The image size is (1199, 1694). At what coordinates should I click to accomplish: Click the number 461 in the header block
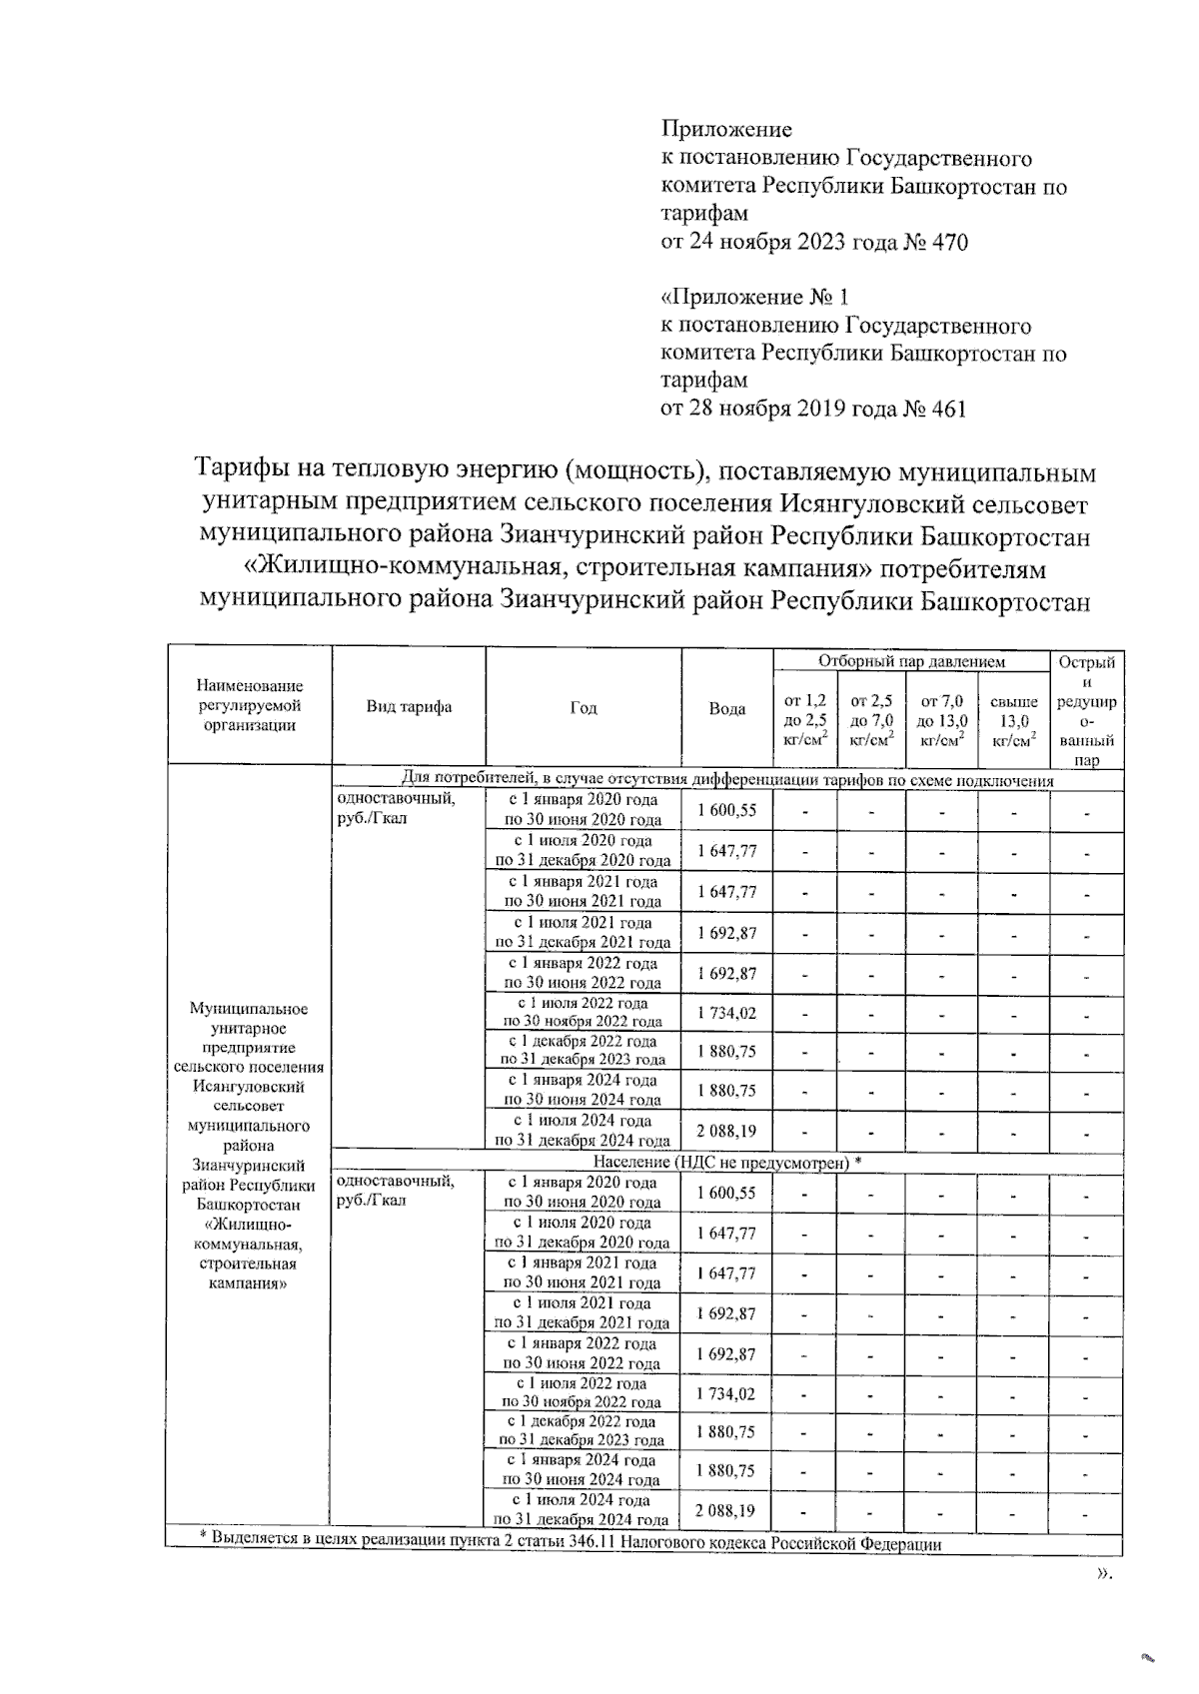point(947,409)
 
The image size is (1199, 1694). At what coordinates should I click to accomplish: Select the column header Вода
point(727,708)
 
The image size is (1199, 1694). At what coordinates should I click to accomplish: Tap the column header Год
point(584,707)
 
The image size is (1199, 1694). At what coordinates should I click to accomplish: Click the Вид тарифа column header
point(409,707)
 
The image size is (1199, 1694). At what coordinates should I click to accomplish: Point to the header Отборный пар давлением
point(911,661)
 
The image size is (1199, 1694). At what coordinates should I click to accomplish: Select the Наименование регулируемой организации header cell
point(249,706)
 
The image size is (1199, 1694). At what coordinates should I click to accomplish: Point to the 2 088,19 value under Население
point(726,1511)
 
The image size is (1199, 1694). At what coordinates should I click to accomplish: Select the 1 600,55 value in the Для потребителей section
point(726,811)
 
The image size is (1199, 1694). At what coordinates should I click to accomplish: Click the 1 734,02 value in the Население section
point(726,1393)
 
